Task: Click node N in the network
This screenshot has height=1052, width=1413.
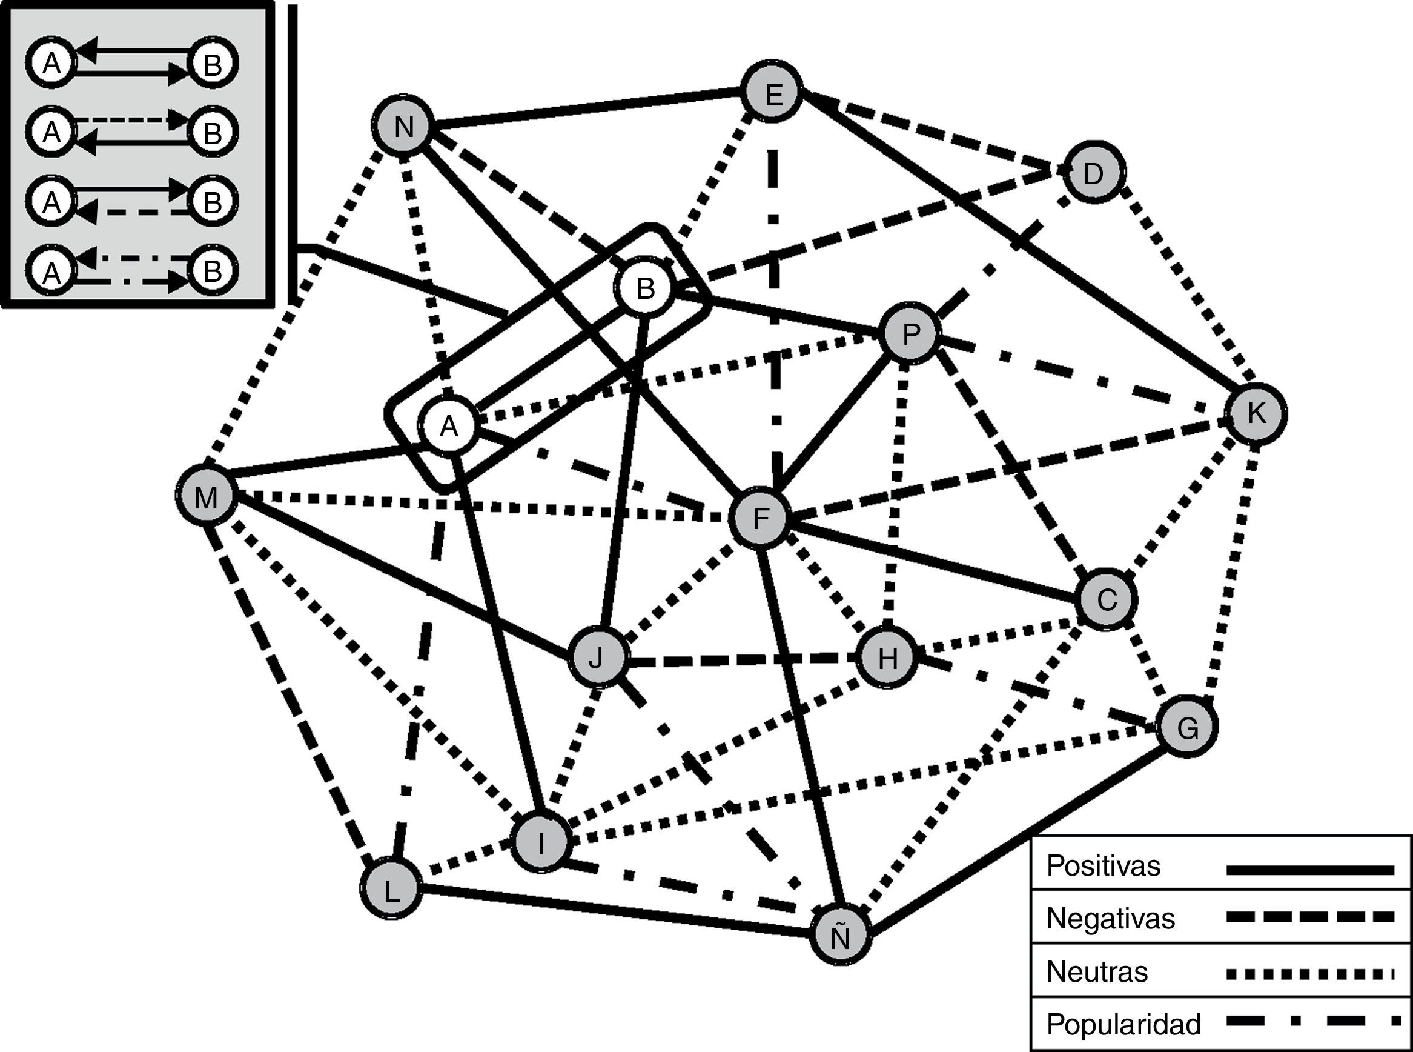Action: (403, 126)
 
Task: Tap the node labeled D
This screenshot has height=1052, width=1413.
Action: (1093, 173)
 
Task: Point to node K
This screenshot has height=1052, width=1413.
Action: (1256, 413)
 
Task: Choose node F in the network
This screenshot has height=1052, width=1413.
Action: (761, 518)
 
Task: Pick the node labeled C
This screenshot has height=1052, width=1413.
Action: (1107, 599)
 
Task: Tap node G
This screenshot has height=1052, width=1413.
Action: (1188, 727)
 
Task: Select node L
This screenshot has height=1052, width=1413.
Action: (391, 890)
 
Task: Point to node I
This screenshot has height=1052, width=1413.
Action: (540, 843)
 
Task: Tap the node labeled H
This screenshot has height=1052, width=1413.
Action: (887, 659)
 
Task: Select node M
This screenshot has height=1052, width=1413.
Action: (205, 496)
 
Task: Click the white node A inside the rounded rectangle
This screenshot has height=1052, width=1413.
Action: (449, 426)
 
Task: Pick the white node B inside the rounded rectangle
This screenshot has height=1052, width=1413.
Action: (646, 288)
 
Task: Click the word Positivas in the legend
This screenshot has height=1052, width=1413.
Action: (1104, 866)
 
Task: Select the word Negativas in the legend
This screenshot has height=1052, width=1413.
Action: (1111, 918)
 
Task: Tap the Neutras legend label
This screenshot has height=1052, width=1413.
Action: (1097, 972)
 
